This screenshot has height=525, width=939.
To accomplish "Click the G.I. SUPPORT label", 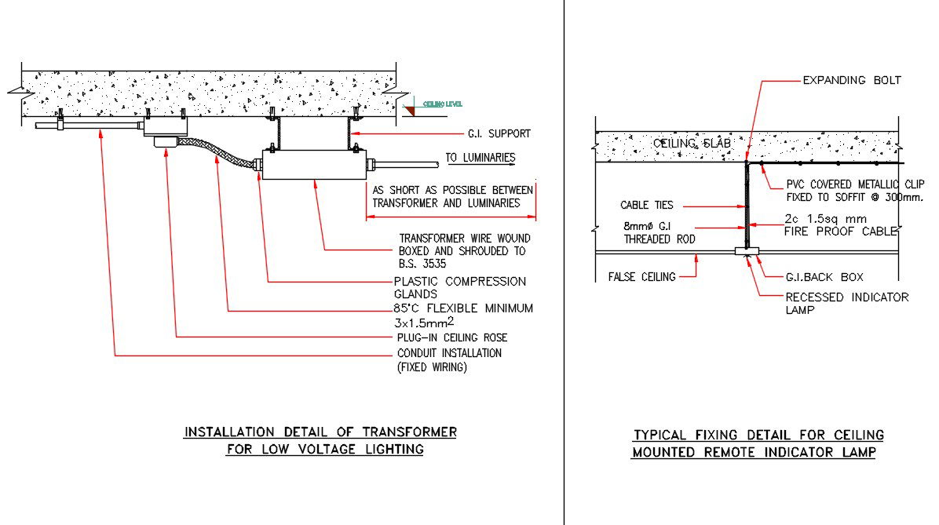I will (x=499, y=133).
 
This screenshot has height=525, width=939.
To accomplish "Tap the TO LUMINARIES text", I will (x=480, y=158).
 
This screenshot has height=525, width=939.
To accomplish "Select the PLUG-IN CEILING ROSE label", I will (x=452, y=337).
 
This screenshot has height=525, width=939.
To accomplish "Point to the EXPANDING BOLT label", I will (x=851, y=80).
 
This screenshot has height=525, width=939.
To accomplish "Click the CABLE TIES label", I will (x=646, y=206).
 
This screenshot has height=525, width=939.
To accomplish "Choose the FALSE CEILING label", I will (x=641, y=276).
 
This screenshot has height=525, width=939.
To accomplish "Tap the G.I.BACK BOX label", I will (x=824, y=277).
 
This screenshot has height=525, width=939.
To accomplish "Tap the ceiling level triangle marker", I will (x=409, y=111).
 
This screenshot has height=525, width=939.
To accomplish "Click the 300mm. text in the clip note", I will (x=904, y=198).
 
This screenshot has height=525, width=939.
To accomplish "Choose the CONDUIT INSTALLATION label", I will (x=449, y=353).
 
